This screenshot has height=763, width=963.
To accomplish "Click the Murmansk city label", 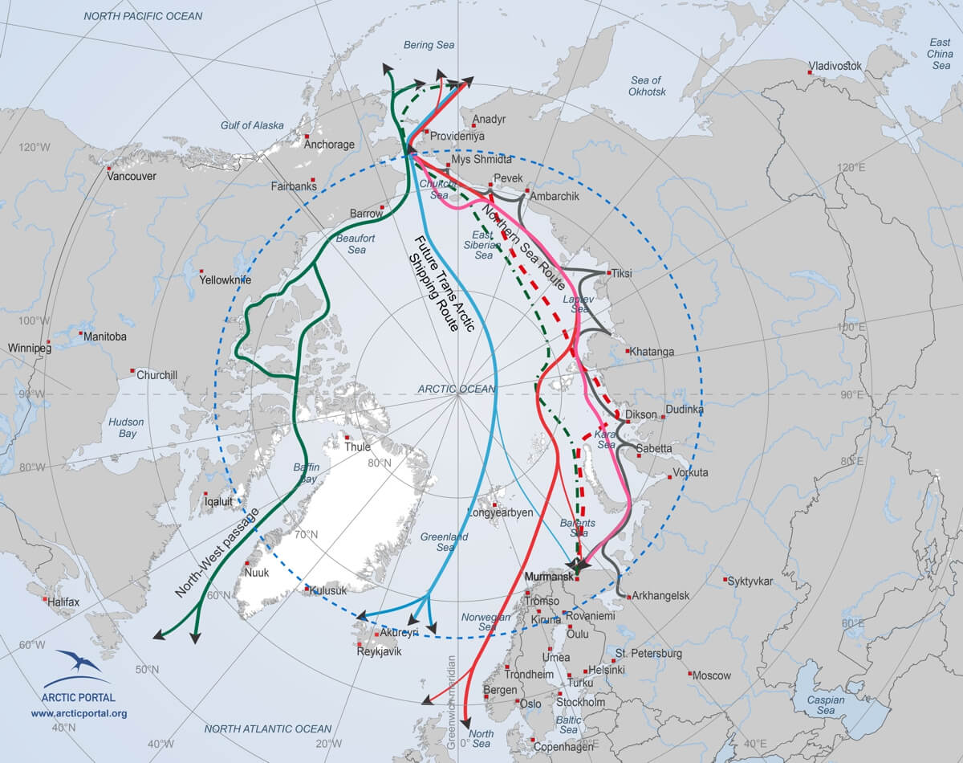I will (x=549, y=577).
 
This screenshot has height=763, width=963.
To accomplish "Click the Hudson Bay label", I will (x=127, y=427).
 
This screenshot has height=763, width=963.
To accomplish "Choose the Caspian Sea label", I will (x=826, y=705).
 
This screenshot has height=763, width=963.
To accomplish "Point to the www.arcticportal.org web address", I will (x=79, y=712).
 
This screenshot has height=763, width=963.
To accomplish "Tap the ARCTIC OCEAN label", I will (x=457, y=389).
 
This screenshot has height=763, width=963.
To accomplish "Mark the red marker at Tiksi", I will (x=609, y=274).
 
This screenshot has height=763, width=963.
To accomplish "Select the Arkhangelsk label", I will (x=661, y=595).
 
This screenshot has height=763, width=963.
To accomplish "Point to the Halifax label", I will (x=63, y=602).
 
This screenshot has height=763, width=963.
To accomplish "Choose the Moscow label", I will (x=711, y=675).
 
